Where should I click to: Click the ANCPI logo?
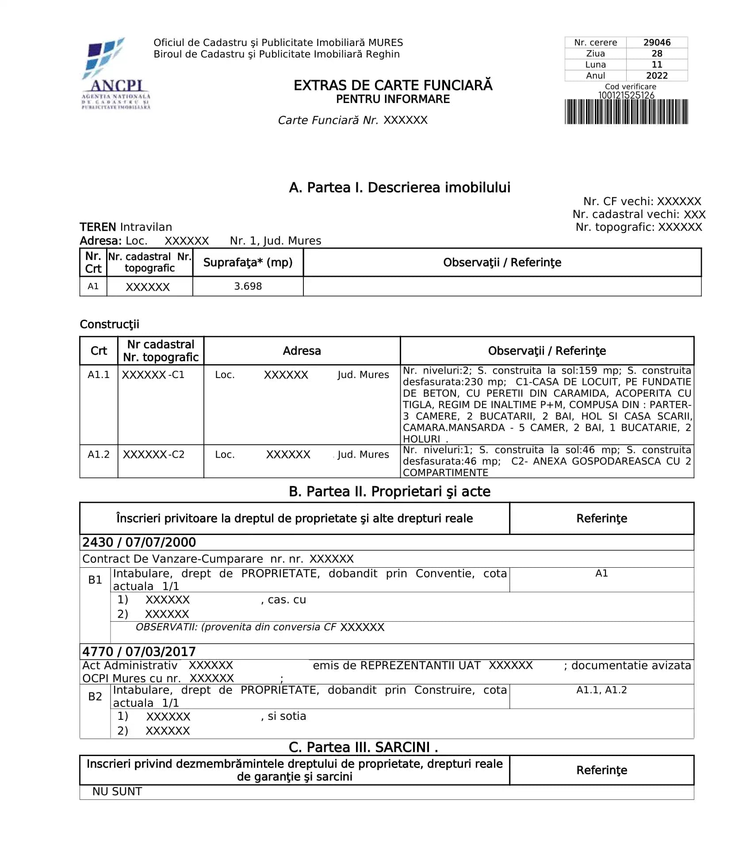point(116,73)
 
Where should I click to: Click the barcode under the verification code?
point(626,112)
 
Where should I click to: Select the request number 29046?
point(656,42)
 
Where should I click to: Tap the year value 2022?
point(656,76)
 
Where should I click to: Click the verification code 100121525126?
point(626,95)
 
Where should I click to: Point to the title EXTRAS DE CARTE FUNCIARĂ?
point(393,85)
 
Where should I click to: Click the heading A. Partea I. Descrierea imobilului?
point(399,187)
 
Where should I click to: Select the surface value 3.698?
point(248,286)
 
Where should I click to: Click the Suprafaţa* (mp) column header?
point(248,262)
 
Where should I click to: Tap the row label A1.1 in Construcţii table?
point(98,374)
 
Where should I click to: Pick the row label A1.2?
point(98,454)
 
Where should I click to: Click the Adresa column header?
point(302,351)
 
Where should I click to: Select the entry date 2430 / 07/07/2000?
point(139,542)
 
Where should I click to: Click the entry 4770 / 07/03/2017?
point(139,651)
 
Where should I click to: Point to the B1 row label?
point(95,580)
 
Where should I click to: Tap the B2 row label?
point(95,696)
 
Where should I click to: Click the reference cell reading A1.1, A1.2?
point(601,690)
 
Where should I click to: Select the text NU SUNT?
point(117,791)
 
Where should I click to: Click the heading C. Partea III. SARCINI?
point(363,747)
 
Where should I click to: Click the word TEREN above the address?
point(98,227)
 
